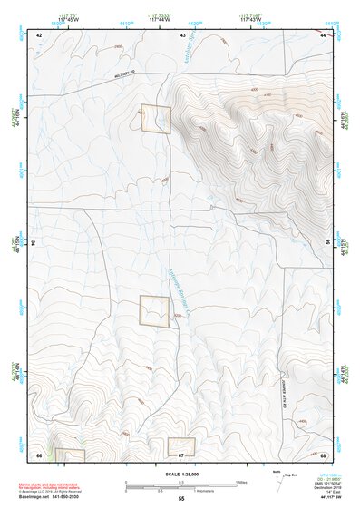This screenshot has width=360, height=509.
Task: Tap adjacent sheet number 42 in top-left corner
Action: click(39, 34)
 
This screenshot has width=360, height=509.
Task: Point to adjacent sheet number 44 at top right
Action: click(324, 34)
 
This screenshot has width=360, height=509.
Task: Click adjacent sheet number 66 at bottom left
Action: click(39, 454)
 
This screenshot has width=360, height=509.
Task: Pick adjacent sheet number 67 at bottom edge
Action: click(181, 454)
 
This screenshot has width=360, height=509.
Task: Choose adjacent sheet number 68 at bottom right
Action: click(324, 454)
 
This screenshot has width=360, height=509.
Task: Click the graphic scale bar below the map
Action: click(181, 484)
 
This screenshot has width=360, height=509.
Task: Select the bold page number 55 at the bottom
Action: click(181, 499)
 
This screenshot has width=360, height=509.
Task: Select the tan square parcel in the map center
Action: click(154, 310)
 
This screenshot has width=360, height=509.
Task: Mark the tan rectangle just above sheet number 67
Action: click(181, 445)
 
